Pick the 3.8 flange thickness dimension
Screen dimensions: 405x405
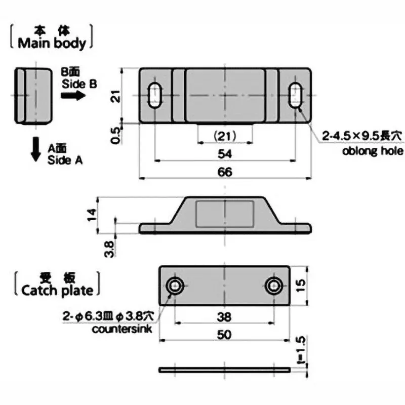pos(109,248)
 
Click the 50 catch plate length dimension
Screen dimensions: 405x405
pos(225,334)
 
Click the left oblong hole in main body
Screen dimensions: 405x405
pos(155,95)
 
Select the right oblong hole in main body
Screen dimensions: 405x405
pos(296,95)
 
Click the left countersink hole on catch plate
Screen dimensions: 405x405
pos(176,286)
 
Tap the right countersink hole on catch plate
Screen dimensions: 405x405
pos(274,286)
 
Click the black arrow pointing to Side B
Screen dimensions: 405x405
pos(75,96)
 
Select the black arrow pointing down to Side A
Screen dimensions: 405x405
pos(36,150)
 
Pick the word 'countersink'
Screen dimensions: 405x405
pos(117,330)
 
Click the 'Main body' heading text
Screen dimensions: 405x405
pos(52,44)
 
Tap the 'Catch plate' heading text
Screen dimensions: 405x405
pos(57,290)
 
